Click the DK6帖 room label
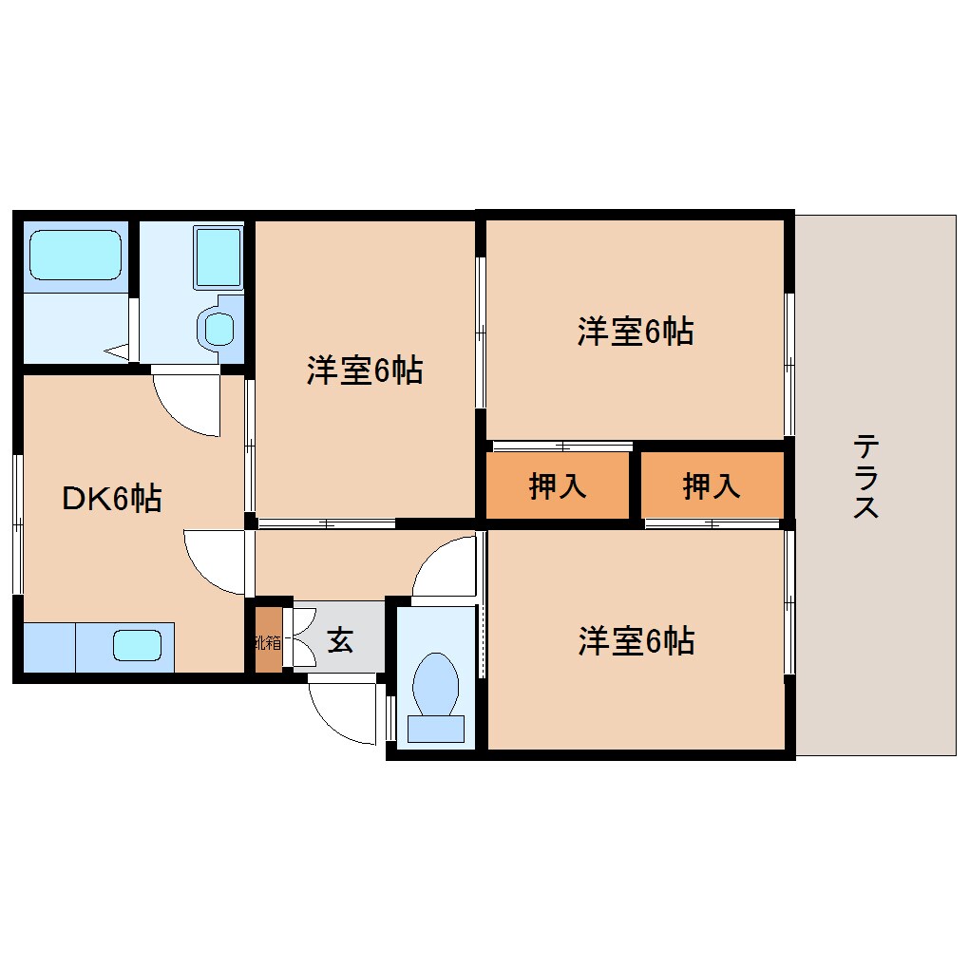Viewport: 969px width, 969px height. (112, 498)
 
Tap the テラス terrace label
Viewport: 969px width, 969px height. (865, 477)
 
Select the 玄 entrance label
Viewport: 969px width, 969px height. (339, 641)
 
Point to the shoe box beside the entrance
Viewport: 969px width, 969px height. (269, 641)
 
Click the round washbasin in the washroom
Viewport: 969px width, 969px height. (219, 329)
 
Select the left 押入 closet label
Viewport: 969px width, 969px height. (558, 486)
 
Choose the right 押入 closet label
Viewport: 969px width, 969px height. (712, 486)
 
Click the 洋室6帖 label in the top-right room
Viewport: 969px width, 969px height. (635, 332)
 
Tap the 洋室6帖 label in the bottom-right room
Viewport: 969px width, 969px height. (636, 642)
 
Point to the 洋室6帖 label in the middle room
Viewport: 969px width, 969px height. (364, 370)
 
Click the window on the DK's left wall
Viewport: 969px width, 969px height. (17, 522)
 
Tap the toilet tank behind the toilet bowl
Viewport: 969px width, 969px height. (436, 728)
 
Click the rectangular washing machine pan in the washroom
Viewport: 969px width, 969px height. (218, 256)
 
